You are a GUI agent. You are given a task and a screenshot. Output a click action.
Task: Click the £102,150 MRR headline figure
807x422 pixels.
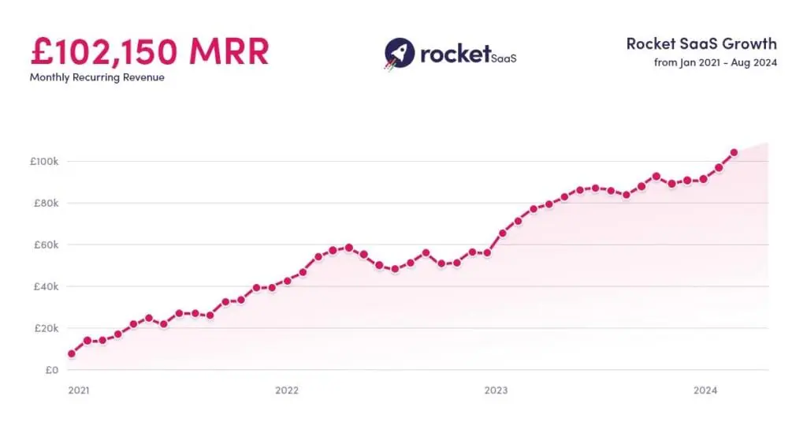150,51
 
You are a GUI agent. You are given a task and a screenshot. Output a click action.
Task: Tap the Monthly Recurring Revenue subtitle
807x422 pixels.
97,77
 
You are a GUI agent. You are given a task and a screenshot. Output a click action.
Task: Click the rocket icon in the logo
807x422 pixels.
400,53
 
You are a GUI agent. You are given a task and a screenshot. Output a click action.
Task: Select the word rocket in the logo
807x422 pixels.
455,52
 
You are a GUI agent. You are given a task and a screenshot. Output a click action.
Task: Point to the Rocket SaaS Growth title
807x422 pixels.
701,44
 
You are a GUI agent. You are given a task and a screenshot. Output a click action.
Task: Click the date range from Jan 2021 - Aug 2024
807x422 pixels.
716,63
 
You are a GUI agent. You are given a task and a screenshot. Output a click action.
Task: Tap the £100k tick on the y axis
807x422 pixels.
44,162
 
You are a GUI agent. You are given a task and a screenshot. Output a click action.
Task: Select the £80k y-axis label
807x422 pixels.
46,204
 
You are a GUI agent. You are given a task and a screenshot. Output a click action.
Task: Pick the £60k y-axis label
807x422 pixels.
46,245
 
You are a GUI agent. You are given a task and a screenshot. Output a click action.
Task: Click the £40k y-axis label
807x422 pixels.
46,286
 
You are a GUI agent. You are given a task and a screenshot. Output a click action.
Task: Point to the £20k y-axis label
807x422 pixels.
46,328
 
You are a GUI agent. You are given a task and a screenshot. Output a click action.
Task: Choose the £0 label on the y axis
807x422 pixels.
51,370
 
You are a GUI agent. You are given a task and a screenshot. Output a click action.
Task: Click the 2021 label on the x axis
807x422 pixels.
78,390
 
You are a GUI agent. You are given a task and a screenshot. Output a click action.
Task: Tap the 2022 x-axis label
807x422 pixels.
287,390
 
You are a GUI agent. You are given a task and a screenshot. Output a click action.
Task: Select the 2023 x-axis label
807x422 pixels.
496,390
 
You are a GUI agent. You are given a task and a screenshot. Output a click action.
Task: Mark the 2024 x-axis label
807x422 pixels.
705,390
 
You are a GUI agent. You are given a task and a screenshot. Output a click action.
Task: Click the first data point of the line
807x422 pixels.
72,353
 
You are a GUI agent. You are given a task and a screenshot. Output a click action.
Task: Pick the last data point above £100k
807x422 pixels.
734,152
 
